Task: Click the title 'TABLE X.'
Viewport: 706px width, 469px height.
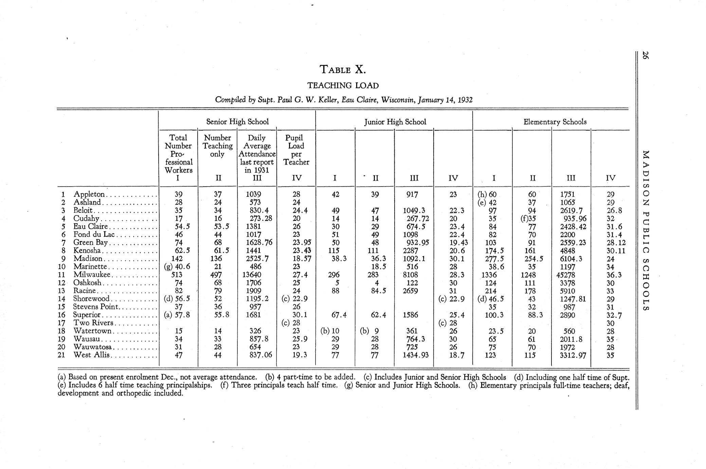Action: pyautogui.click(x=343, y=70)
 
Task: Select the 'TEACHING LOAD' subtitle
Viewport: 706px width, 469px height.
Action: pyautogui.click(x=343, y=85)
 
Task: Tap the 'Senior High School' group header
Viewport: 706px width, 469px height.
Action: pyautogui.click(x=237, y=122)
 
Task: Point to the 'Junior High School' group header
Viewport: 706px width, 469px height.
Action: pyautogui.click(x=395, y=122)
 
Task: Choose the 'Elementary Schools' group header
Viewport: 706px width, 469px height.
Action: pyautogui.click(x=555, y=122)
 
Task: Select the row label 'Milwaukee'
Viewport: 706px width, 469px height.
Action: pyautogui.click(x=92, y=275)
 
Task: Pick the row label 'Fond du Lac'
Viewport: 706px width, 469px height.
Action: pyautogui.click(x=95, y=234)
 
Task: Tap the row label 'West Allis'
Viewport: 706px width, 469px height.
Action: pyautogui.click(x=92, y=355)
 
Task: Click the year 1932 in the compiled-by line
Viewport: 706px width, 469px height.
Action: pyautogui.click(x=465, y=100)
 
